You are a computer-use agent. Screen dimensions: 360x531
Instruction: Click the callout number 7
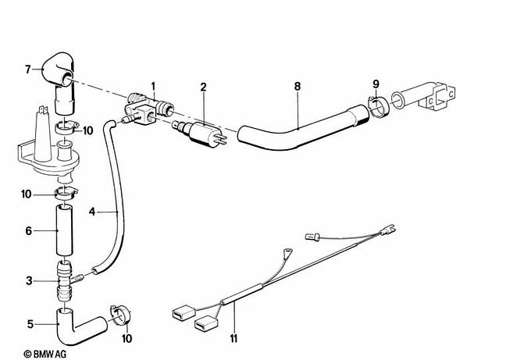click(x=27, y=70)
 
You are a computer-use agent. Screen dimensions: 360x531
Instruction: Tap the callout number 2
click(x=203, y=86)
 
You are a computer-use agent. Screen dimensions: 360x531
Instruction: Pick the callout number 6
click(x=28, y=231)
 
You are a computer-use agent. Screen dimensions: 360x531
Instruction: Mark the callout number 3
click(x=28, y=280)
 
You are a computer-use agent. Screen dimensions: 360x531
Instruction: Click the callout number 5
click(x=28, y=323)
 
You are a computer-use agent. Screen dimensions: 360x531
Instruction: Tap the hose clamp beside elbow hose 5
click(x=119, y=313)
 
